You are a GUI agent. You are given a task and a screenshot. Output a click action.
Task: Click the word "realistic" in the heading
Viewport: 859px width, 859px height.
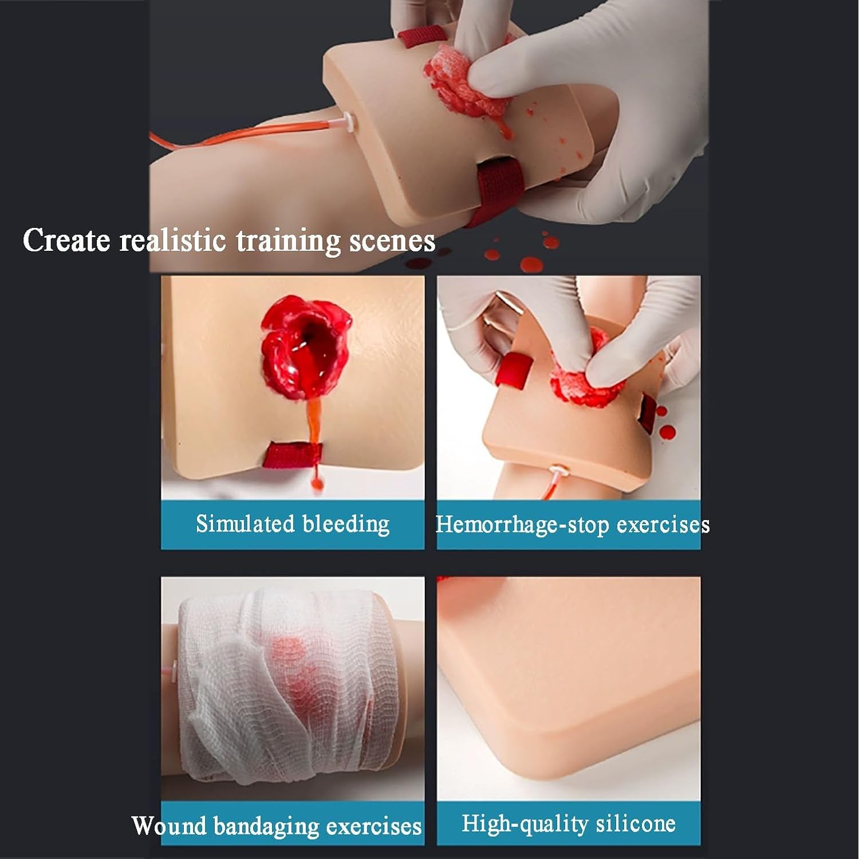click(x=172, y=241)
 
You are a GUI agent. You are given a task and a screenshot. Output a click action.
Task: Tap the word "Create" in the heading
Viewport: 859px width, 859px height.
click(x=66, y=240)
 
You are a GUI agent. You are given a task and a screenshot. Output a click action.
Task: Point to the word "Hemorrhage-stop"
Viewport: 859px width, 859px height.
click(x=514, y=525)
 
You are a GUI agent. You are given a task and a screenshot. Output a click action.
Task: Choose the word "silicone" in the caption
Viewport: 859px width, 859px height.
click(x=636, y=823)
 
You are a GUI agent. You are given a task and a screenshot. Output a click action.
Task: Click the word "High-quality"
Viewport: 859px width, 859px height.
click(x=525, y=825)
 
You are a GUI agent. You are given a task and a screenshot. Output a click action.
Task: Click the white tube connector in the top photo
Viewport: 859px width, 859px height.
click(x=348, y=120)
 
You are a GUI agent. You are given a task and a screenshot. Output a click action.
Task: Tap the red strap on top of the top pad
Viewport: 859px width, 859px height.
click(x=417, y=37)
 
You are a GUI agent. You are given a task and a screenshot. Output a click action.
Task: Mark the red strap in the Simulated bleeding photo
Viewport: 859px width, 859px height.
click(x=293, y=455)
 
